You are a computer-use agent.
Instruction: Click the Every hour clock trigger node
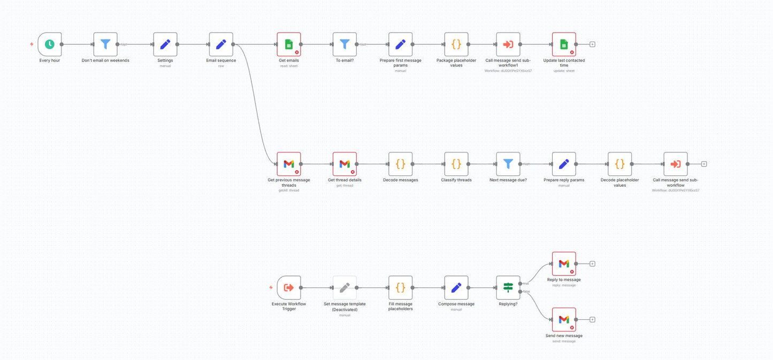pos(50,44)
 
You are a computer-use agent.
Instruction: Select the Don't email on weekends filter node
pos(105,44)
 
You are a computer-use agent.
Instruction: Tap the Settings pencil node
pos(165,44)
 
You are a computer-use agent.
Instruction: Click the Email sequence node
pos(221,44)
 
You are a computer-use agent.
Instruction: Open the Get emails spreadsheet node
pos(289,44)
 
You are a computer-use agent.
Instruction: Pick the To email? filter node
pos(345,44)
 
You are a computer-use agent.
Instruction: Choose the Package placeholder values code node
pos(456,44)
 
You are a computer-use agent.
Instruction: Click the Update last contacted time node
pos(564,44)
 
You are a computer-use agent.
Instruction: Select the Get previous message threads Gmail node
pos(289,164)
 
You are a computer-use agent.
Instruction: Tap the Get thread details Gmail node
pos(345,164)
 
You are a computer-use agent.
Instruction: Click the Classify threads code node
pos(456,164)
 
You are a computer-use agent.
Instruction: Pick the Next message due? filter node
pos(508,164)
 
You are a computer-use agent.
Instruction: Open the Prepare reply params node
pos(564,164)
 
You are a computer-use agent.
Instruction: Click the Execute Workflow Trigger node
pos(289,288)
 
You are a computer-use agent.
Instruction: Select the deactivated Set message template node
pos(345,288)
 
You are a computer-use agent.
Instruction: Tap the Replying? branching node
pos(508,288)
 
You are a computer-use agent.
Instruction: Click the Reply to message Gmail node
pos(564,264)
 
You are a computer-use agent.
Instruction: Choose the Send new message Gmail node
pos(564,319)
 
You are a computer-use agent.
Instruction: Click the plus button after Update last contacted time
pos(592,44)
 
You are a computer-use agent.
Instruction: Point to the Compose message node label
pos(456,304)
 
